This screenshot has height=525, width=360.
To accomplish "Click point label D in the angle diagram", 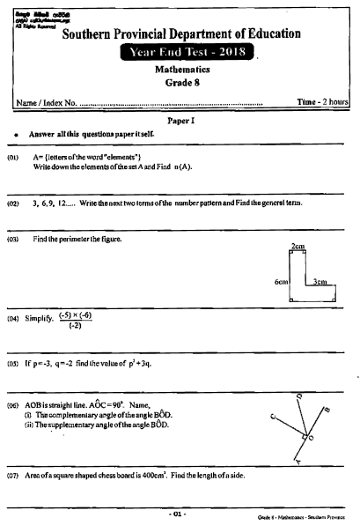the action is coord(299,397).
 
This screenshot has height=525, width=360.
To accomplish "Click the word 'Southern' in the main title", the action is coord(96,34).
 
